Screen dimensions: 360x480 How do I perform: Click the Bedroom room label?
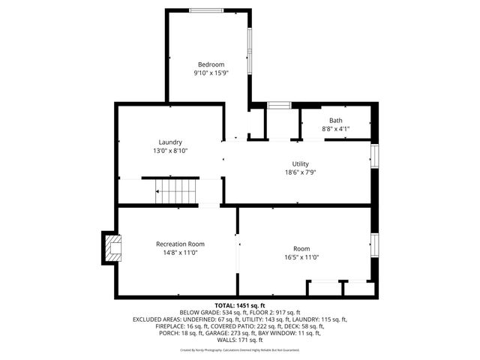pyautogui.click(x=210, y=64)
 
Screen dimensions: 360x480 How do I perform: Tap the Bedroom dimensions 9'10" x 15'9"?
pyautogui.click(x=210, y=73)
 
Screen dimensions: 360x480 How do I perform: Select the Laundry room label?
pyautogui.click(x=170, y=142)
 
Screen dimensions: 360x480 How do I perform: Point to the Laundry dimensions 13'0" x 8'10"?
pyautogui.click(x=170, y=151)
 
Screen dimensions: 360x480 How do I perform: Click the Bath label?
pyautogui.click(x=335, y=120)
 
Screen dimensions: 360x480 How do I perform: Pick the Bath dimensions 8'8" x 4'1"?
pyautogui.click(x=335, y=129)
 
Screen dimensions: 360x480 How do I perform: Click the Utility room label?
pyautogui.click(x=300, y=163)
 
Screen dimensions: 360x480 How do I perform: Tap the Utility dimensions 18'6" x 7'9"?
pyautogui.click(x=300, y=172)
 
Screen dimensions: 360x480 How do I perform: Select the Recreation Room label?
pyautogui.click(x=180, y=244)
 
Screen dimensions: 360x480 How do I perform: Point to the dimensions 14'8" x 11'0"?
pyautogui.click(x=180, y=253)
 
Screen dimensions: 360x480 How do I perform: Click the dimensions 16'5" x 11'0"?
pyautogui.click(x=301, y=257)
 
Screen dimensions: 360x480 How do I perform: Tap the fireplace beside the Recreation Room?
pyautogui.click(x=112, y=248)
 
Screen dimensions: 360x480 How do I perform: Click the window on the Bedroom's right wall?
pyautogui.click(x=250, y=52)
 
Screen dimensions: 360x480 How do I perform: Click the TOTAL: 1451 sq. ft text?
pyautogui.click(x=240, y=305)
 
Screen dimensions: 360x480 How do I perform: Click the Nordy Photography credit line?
pyautogui.click(x=240, y=349)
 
